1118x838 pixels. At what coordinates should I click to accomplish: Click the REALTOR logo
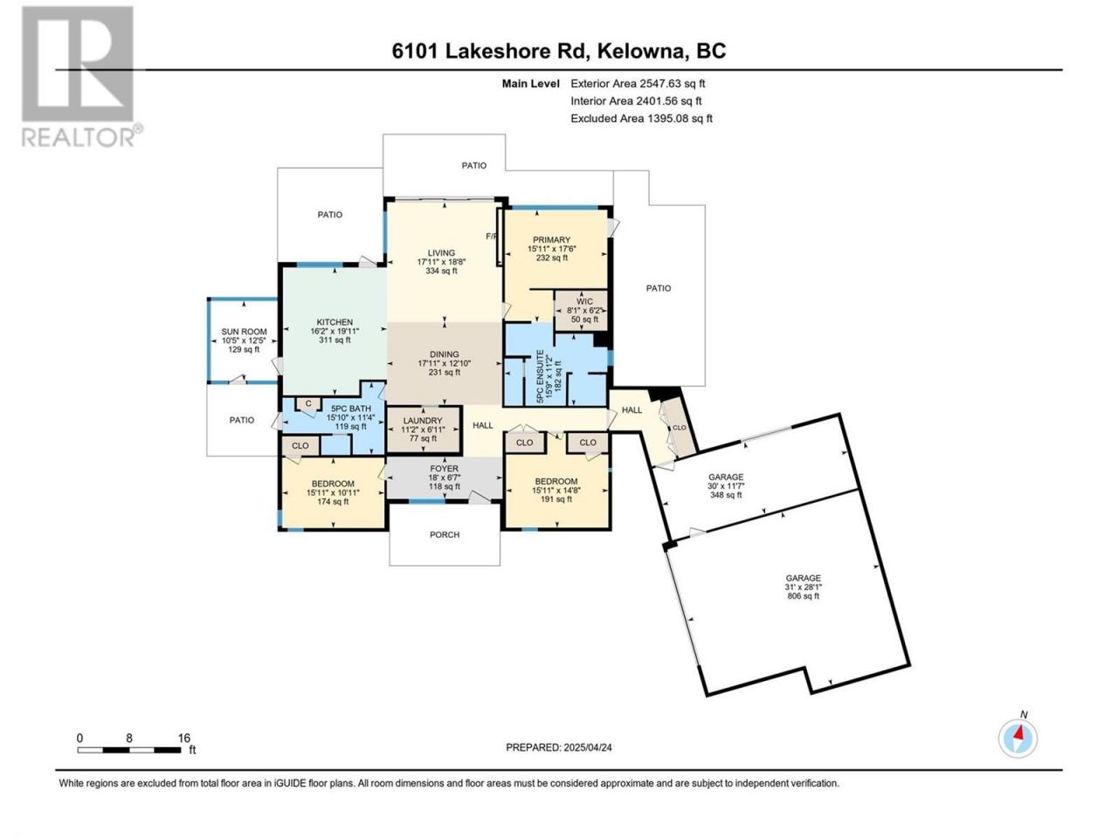point(81,76)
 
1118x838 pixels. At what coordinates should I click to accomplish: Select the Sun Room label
point(244,340)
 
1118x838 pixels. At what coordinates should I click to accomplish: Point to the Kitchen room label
point(335,331)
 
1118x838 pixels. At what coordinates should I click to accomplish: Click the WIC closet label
point(583,311)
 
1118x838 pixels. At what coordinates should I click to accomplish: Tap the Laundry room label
point(422,429)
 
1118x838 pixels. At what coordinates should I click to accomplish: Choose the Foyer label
point(445,477)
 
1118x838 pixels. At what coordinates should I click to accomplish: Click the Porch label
point(445,535)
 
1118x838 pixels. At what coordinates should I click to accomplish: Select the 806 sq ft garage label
point(804,587)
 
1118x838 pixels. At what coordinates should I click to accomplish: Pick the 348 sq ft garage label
point(726,486)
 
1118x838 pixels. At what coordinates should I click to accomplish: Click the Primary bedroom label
point(552,249)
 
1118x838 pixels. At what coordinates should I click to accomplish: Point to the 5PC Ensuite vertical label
point(549,376)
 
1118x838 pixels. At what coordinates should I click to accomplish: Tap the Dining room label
point(445,363)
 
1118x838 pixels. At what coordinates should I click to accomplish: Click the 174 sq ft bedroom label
point(333,492)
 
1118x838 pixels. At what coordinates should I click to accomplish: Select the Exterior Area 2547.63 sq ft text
point(638,84)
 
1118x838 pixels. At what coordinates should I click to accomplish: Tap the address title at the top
point(559,51)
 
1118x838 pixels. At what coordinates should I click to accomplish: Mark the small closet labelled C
point(308,404)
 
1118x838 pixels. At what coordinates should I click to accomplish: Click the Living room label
point(442,262)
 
